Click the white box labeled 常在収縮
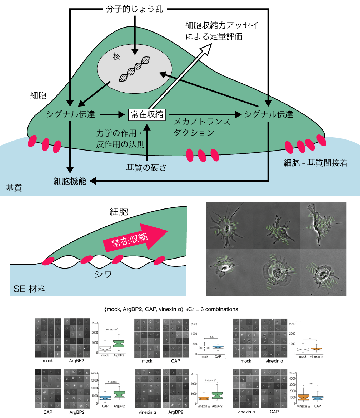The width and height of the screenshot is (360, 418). [x=147, y=114]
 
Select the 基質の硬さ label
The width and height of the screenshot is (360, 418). [x=146, y=167]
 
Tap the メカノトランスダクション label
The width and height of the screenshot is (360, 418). [x=202, y=127]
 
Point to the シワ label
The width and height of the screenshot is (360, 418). [x=103, y=275]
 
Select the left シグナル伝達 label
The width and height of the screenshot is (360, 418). [x=71, y=115]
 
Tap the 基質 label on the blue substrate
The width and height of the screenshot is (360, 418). [x=14, y=187]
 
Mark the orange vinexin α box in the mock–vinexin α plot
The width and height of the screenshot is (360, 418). [x=316, y=349]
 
